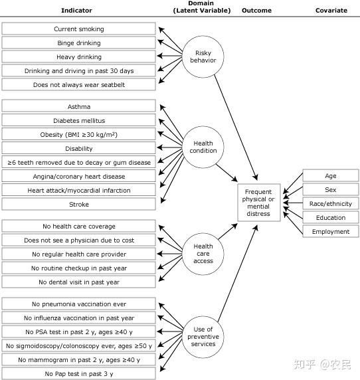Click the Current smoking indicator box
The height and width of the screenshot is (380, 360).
coord(79,29)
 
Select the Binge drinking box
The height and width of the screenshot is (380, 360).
coord(79,43)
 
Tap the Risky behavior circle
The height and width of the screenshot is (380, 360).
coord(203,56)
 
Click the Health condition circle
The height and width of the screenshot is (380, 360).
coord(204,147)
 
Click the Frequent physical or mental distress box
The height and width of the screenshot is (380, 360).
coord(258,203)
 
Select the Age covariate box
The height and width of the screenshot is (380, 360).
coord(331,176)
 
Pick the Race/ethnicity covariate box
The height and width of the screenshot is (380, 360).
coord(331,204)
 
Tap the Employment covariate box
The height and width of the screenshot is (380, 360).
coord(331,232)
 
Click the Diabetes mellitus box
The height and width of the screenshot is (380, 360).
coord(79,121)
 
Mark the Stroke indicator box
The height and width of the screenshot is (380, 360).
coord(79,205)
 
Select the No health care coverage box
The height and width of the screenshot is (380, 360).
coord(79,227)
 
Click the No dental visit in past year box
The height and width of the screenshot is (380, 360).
coord(79,282)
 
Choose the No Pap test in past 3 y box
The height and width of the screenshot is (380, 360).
coord(79,374)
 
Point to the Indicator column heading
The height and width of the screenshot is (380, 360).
coord(76,11)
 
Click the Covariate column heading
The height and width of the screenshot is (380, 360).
coord(331,11)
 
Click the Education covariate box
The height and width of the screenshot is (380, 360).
coord(331,218)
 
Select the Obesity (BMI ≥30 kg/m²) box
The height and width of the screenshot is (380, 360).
coord(79,135)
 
